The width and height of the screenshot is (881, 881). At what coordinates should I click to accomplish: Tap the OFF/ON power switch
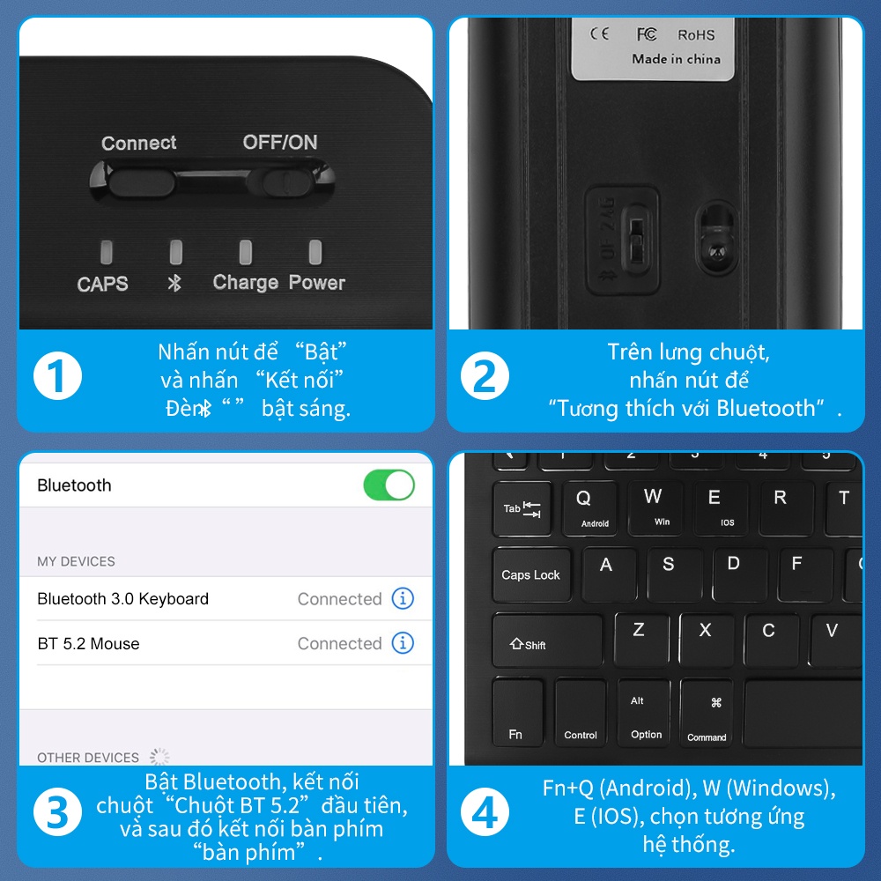[287, 181]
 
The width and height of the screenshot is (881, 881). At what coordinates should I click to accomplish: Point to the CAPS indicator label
[102, 284]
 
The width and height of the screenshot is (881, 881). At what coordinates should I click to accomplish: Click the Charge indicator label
[245, 283]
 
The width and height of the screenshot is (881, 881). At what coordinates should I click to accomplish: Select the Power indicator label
[317, 283]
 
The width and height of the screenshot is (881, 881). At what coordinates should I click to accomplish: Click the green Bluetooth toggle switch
[389, 485]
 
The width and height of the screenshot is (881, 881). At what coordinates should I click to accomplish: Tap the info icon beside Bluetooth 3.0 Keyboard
[403, 599]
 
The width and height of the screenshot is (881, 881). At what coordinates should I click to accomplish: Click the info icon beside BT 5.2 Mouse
[403, 643]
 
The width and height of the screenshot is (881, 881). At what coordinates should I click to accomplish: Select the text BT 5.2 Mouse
[88, 644]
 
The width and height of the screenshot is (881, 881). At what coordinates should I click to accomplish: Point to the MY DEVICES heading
[76, 561]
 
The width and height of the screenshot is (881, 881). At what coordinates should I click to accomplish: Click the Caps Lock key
[530, 574]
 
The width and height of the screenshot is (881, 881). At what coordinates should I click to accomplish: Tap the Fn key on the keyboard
[517, 712]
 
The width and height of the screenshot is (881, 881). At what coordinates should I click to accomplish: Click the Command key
[707, 714]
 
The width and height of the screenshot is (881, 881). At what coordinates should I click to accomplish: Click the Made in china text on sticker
[676, 59]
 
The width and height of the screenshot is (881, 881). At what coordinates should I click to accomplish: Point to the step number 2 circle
[485, 376]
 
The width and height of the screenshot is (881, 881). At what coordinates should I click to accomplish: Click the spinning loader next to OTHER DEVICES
[159, 757]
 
